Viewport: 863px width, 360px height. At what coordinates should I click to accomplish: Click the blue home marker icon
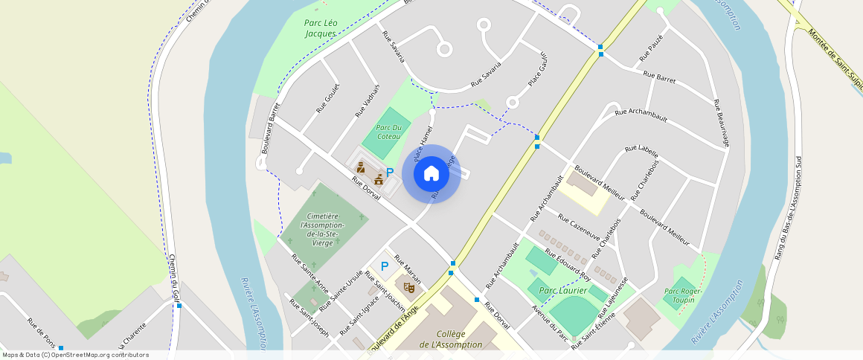tap(431, 174)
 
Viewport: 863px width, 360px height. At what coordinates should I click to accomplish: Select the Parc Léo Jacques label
tap(321, 28)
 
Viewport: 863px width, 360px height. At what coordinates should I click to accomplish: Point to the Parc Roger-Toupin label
tap(678, 295)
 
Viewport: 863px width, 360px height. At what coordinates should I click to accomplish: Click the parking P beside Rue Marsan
tap(385, 266)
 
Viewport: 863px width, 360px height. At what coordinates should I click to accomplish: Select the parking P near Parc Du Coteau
tap(389, 172)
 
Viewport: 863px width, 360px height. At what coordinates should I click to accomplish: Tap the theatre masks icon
tap(408, 286)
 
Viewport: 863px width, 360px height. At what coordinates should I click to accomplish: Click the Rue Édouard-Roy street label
tap(568, 263)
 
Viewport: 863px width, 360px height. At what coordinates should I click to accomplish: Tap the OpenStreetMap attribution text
tap(75, 355)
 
